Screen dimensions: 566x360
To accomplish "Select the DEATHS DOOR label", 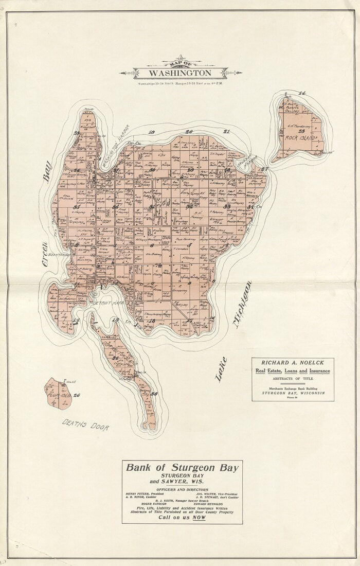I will (85, 425).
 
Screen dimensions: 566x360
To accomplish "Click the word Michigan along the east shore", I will (242, 305).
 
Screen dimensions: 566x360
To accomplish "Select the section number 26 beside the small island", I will (77, 395).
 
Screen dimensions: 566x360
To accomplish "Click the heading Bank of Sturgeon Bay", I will (182, 468).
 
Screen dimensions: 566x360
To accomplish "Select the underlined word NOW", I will (199, 517).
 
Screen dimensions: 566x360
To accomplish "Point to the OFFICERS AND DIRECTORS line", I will (182, 489).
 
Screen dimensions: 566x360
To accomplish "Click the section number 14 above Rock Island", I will (302, 93).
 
